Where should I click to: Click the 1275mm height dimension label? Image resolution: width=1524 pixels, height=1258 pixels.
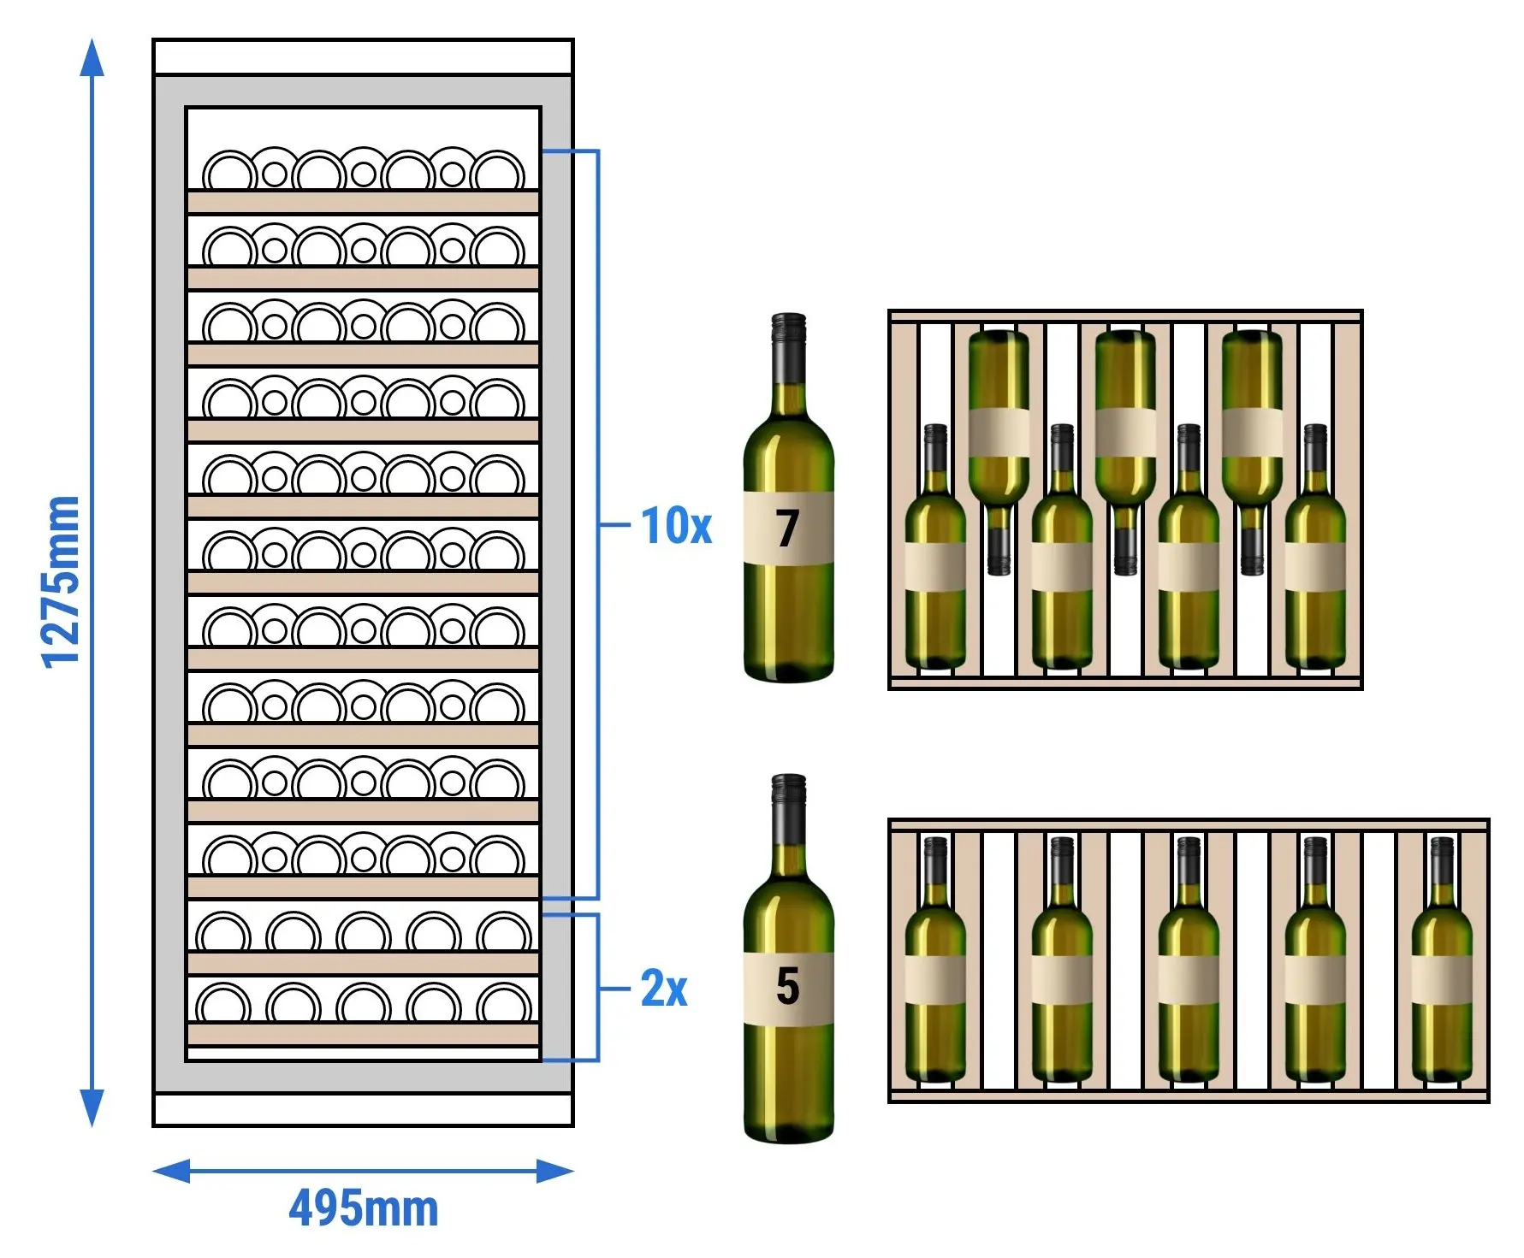coord(61,582)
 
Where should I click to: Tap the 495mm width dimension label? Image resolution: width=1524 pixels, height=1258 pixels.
coord(364,1208)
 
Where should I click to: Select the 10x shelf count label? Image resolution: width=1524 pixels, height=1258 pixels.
coord(676,525)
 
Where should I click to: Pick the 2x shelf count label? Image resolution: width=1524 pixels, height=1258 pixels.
coord(664,989)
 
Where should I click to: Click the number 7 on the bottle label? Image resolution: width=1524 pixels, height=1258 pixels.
coord(788,529)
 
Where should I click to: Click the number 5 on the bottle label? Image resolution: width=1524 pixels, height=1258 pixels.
coord(788,986)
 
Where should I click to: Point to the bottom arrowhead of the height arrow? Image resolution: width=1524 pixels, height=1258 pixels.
coord(92,1108)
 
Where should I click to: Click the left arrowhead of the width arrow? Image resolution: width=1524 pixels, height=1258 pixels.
coord(171,1171)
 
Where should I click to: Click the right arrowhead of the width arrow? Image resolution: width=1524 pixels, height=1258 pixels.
coord(554,1171)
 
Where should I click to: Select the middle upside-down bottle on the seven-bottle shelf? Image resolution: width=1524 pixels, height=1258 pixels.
coord(1125,452)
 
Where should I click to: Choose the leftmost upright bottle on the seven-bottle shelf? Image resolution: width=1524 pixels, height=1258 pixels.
coord(935,547)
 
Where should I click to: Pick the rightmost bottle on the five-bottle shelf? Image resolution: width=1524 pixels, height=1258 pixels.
coord(1442,960)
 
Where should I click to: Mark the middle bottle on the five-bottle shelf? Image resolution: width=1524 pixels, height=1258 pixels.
coord(1189,960)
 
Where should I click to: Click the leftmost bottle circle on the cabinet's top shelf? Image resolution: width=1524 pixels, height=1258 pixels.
coord(229,172)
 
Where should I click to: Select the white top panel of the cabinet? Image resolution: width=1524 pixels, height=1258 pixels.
coord(363,57)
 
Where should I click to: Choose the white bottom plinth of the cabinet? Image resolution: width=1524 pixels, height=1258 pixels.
coord(363,1109)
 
